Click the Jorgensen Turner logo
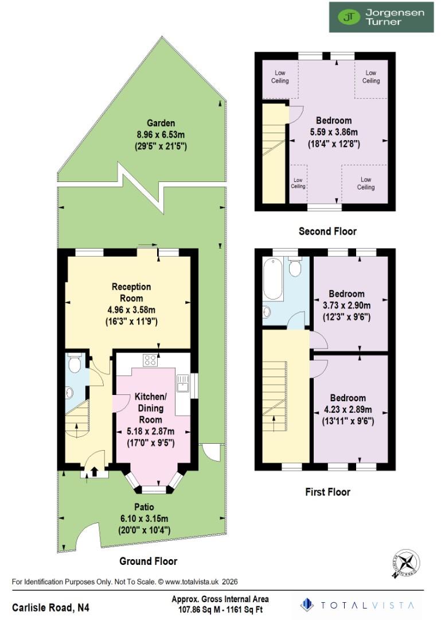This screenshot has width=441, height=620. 381,17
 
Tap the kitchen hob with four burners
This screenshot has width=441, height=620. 150,360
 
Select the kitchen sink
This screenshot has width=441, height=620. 182,383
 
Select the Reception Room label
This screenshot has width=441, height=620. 131,292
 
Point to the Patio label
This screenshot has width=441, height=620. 144,507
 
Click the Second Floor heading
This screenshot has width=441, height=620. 327,231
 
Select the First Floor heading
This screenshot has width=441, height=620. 327,492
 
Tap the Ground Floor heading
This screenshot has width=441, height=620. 148,561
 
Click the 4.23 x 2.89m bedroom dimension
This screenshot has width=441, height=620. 348,409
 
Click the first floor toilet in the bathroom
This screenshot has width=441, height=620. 296,268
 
